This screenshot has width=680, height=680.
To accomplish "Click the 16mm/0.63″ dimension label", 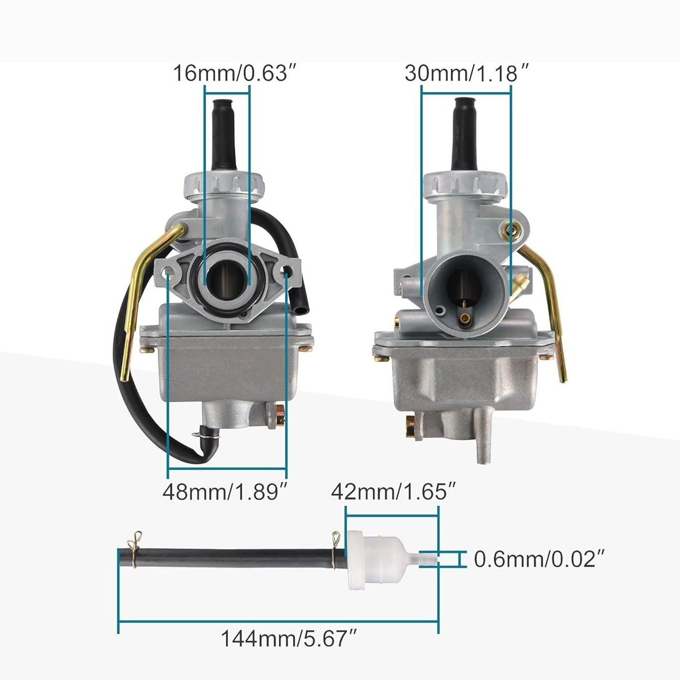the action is tap(234, 73).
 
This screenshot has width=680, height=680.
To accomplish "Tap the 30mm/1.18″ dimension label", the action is tap(467, 73).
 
